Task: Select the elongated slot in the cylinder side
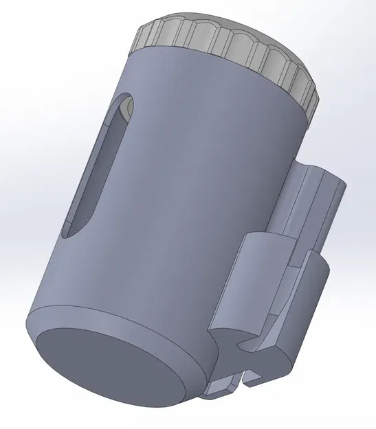(99, 168)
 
